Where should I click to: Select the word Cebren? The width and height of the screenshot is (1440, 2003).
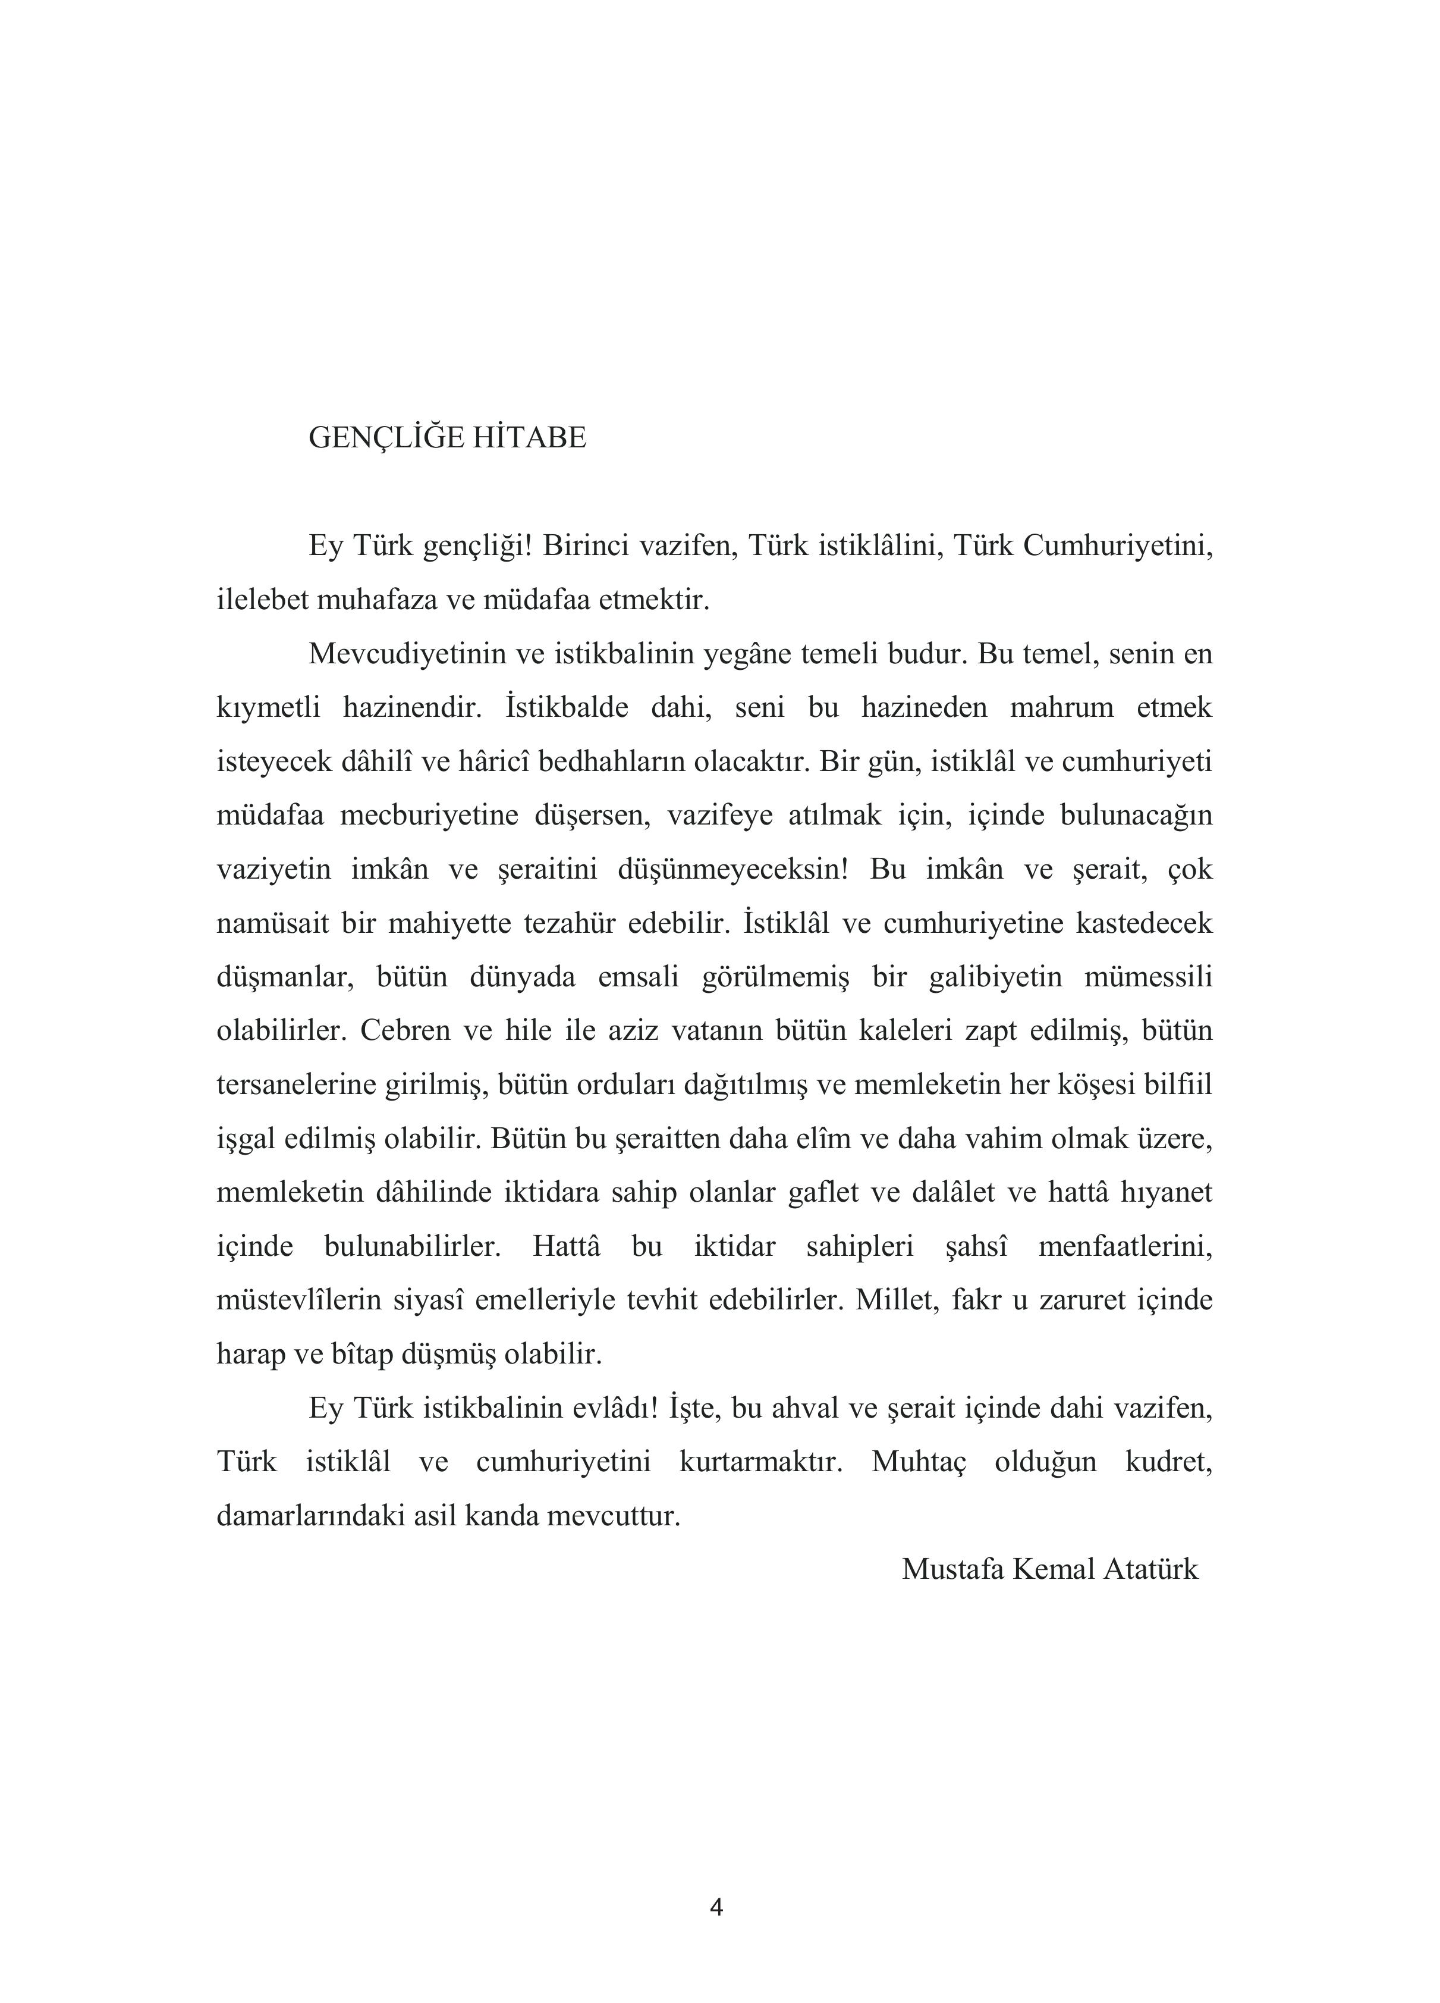coord(404,1030)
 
